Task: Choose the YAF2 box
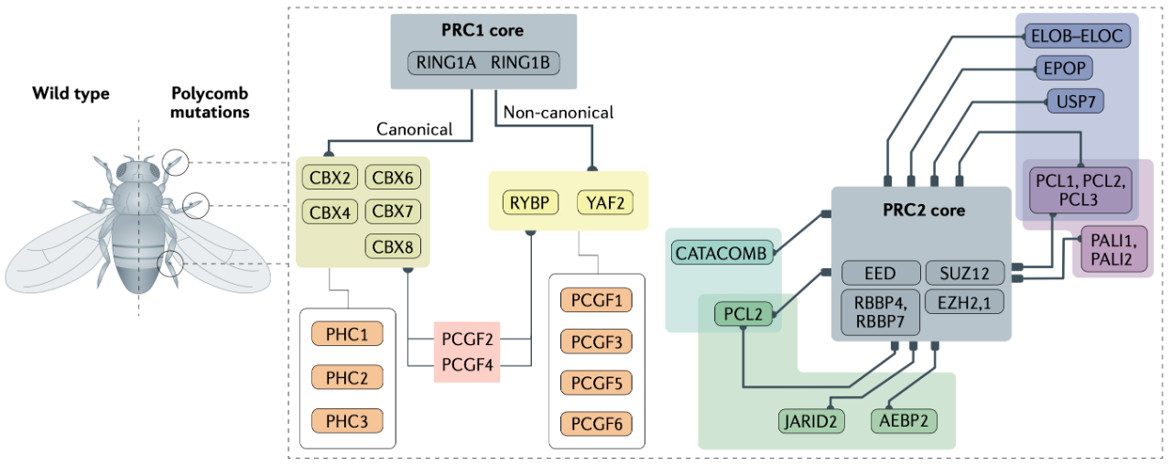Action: pyautogui.click(x=605, y=202)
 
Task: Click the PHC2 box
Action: pyautogui.click(x=346, y=377)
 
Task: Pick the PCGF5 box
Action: pyautogui.click(x=596, y=384)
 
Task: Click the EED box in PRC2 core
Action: pyautogui.click(x=881, y=273)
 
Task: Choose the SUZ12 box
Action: pyautogui.click(x=964, y=273)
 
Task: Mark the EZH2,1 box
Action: pyautogui.click(x=964, y=301)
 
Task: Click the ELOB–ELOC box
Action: pyautogui.click(x=1075, y=36)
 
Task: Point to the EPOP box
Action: pyautogui.click(x=1065, y=69)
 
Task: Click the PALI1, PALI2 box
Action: pyautogui.click(x=1112, y=250)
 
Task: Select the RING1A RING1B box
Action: pyautogui.click(x=483, y=63)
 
